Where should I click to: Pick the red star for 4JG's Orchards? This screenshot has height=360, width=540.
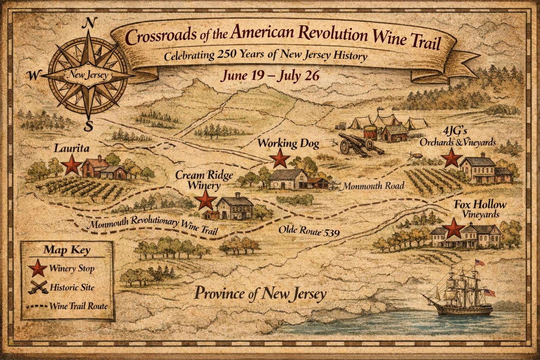[x=451, y=158]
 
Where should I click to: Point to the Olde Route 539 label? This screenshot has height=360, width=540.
[x=309, y=231]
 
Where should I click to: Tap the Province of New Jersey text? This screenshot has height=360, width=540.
[x=260, y=294]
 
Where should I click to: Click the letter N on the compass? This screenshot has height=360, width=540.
[x=89, y=23]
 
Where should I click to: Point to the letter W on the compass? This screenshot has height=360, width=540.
[x=33, y=75]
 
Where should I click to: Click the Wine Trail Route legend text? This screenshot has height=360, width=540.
[x=78, y=306]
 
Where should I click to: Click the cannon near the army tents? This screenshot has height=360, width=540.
[x=360, y=143]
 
